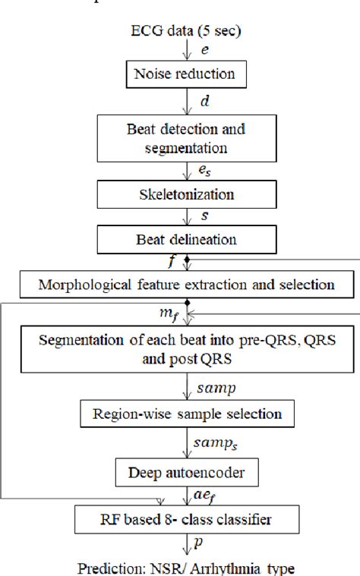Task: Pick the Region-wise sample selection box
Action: [187, 414]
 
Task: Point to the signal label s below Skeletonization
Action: [203, 217]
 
